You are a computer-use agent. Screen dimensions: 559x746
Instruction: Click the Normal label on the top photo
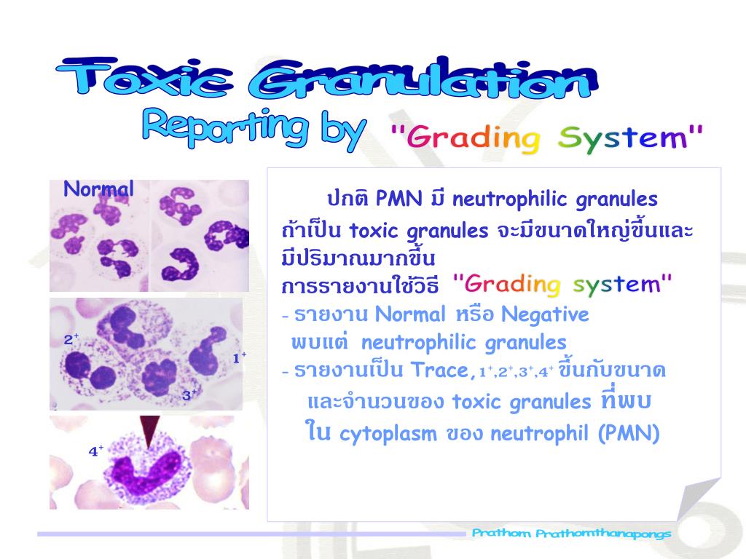tap(98, 190)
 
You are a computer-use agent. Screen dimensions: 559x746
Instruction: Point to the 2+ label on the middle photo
tap(71, 339)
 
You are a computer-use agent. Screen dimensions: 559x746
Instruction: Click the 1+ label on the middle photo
tap(239, 357)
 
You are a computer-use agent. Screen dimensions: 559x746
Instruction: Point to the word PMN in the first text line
tap(394, 199)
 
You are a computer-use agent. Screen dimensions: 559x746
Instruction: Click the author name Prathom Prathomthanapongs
tap(571, 534)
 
